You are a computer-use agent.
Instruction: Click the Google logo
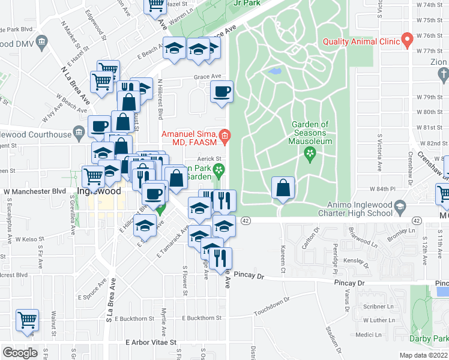point(20,353)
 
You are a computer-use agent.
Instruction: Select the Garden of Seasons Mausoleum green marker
point(310,155)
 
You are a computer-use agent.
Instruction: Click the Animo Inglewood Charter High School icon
point(399,207)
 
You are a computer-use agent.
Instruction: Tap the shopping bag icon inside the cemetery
point(283,189)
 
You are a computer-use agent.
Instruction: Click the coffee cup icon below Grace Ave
point(221,92)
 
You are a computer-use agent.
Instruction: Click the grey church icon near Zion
point(444,74)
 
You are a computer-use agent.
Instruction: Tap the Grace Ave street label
point(207,76)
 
